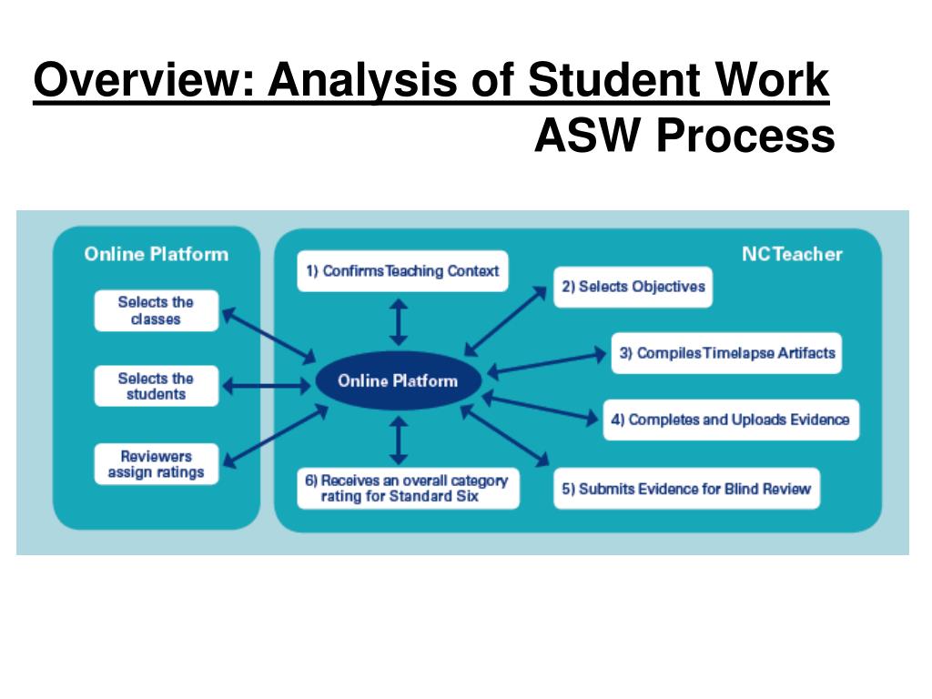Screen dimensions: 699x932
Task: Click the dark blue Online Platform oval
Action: (x=398, y=381)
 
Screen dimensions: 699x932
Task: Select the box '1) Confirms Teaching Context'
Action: (x=402, y=271)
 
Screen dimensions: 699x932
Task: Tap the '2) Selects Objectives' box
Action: (x=633, y=287)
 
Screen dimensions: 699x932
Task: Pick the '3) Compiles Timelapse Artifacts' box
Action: (x=726, y=353)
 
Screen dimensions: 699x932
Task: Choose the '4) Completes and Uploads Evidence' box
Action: (x=730, y=420)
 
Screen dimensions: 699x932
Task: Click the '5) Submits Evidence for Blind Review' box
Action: (x=685, y=489)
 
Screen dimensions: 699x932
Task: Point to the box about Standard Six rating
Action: (x=408, y=488)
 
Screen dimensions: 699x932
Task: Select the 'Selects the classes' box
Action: (x=156, y=310)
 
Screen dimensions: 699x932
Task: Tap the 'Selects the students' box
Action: (x=156, y=386)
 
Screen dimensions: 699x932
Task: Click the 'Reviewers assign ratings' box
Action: (x=156, y=464)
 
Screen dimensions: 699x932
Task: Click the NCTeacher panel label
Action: (x=792, y=254)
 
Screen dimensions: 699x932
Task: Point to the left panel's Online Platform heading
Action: (x=156, y=254)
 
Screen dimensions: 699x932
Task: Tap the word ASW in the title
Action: (x=588, y=137)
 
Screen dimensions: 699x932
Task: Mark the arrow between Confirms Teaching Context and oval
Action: (x=398, y=319)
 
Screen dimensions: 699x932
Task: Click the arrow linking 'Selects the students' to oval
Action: (x=266, y=386)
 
